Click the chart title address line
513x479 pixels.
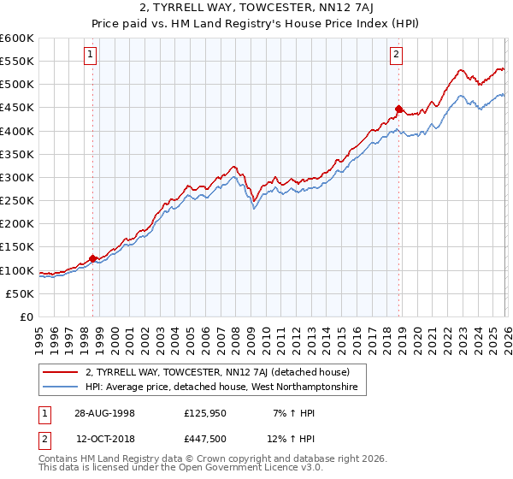coord(256,8)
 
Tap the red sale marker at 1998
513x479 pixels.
coord(93,257)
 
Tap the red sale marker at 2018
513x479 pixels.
coord(398,109)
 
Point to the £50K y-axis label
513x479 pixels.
coord(20,293)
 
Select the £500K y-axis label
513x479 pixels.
coord(17,84)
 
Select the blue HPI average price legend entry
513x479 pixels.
coord(226,387)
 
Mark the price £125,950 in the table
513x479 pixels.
coord(204,412)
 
